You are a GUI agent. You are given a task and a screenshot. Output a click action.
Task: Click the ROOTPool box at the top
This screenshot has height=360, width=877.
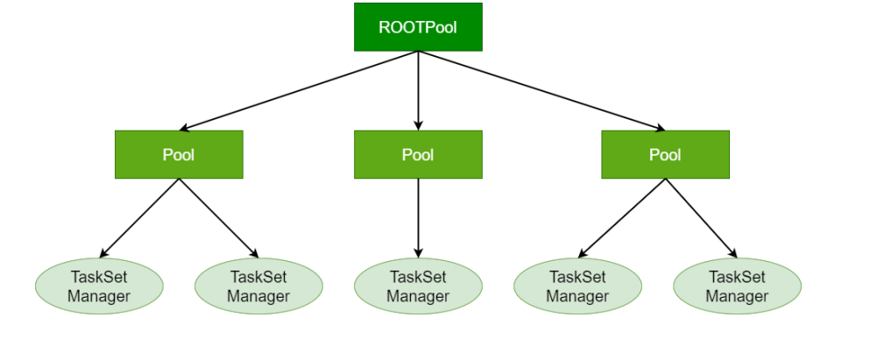418,27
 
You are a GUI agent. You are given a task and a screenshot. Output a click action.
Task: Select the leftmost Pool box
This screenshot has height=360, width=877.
179,155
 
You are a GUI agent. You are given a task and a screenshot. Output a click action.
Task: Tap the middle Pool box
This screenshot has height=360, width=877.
418,155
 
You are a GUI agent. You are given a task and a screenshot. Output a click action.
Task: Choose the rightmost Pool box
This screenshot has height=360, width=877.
665,155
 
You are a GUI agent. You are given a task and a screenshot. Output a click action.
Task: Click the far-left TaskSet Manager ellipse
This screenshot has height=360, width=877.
99,286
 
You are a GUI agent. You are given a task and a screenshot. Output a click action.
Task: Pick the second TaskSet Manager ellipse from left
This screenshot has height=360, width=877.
258,286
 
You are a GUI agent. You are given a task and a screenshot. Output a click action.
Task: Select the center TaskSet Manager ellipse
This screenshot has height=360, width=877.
418,286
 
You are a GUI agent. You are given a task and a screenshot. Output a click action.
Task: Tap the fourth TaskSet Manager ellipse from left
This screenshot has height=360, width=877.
577,286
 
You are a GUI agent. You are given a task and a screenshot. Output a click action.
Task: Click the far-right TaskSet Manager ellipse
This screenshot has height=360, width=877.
737,286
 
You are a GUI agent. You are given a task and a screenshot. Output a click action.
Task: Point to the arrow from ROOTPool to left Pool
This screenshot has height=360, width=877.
299,90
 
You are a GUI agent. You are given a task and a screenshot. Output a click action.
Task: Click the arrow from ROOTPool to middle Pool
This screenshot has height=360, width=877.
419,90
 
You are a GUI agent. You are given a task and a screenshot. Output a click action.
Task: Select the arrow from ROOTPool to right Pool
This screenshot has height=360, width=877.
542,90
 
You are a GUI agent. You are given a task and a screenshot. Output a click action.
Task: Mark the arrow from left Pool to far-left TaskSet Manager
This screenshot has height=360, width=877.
139,218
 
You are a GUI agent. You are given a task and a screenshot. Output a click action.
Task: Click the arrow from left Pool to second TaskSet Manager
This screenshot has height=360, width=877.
219,218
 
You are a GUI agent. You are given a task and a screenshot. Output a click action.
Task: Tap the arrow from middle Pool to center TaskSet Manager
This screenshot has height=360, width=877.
419,218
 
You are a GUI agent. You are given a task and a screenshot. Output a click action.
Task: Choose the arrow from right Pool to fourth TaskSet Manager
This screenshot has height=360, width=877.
621,218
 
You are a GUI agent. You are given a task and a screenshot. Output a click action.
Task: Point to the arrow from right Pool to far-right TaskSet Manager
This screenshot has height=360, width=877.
702,218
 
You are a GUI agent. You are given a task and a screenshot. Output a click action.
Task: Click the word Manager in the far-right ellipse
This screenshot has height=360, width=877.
737,296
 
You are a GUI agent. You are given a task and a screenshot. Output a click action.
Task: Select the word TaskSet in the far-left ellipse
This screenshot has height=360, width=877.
99,277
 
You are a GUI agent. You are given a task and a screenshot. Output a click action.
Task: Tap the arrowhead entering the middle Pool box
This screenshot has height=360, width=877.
419,126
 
